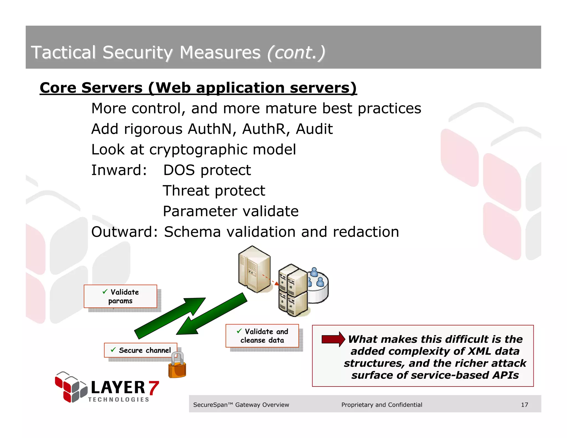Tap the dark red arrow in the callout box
[333, 339]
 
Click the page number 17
[524, 405]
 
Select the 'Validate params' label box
[120, 296]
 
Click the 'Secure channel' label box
[141, 350]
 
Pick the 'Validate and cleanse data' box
[262, 336]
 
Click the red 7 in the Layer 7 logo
[153, 388]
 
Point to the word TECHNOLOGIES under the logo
[119, 400]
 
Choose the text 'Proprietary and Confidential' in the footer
[382, 405]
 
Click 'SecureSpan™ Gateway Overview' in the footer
[241, 405]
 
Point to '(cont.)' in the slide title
[296, 53]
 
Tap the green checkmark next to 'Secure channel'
[113, 350]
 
